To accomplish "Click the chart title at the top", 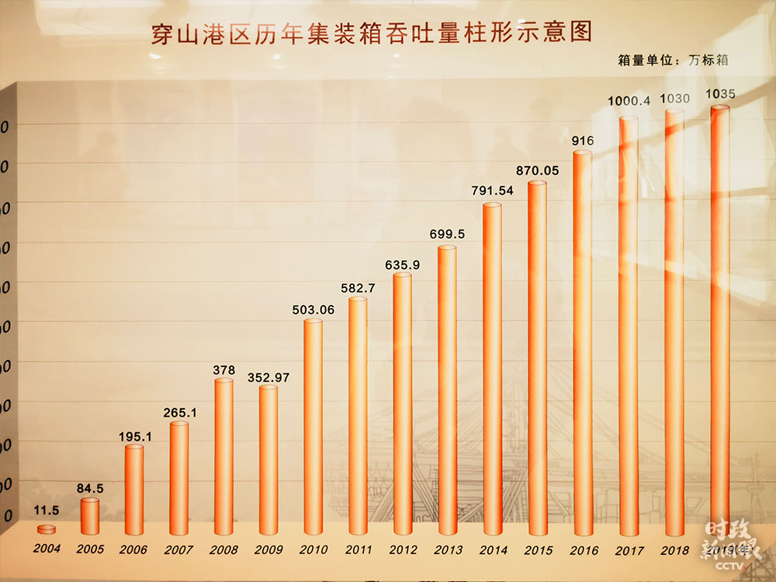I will (371, 33).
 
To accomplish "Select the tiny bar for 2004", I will (47, 528).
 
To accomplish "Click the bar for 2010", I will (312, 427).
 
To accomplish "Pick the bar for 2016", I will (582, 341).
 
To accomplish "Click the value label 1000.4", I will (629, 101).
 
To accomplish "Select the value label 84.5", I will (91, 488).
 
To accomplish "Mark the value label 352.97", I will (268, 377).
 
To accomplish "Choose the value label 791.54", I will (492, 191).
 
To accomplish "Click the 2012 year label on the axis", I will (402, 549).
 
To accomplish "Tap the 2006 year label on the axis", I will (133, 549).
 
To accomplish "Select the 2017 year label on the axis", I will (629, 550).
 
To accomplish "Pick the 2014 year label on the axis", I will (493, 549).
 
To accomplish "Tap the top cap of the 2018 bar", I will (674, 113).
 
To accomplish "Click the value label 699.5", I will (447, 234).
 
